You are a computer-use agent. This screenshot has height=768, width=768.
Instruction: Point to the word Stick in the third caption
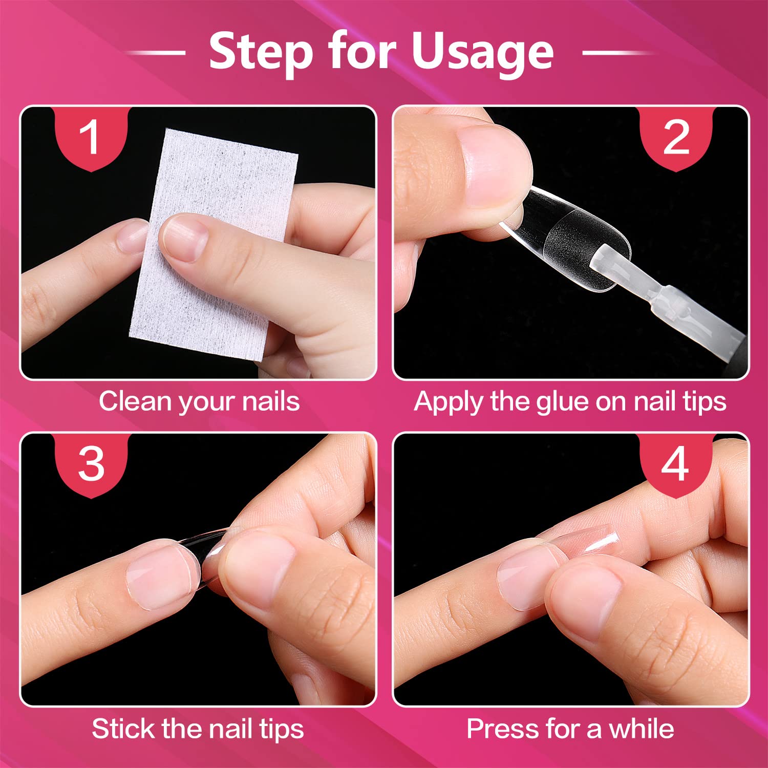[123, 728]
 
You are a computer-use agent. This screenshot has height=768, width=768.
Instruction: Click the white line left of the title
[155, 52]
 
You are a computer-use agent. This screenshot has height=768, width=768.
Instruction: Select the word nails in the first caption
[271, 401]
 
